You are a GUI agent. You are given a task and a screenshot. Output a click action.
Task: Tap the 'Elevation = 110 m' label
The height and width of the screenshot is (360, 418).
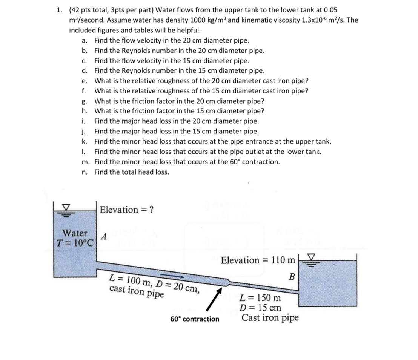(x=258, y=260)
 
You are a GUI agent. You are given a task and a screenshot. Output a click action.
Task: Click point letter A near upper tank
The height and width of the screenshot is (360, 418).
(x=104, y=237)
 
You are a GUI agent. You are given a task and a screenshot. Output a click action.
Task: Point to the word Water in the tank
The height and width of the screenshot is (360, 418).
(x=75, y=233)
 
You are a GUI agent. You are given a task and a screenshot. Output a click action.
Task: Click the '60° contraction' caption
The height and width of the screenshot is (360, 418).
(x=195, y=319)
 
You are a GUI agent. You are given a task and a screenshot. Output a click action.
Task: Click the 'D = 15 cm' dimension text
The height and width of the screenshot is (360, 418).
(x=260, y=307)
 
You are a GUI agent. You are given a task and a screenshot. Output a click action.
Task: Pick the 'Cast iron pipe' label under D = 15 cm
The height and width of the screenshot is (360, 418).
(x=270, y=317)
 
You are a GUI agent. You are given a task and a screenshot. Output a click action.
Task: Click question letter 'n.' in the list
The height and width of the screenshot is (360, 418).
(x=85, y=172)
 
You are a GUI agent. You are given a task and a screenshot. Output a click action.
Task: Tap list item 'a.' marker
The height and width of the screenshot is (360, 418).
(x=85, y=41)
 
